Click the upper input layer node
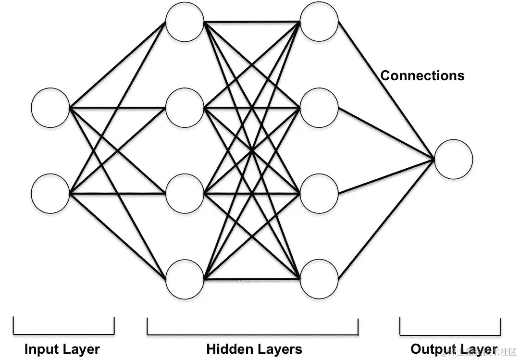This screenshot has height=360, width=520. [x=50, y=108]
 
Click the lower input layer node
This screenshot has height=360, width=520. [x=50, y=193]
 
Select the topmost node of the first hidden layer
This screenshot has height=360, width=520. [x=185, y=22]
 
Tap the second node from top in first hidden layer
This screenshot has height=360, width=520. [x=185, y=108]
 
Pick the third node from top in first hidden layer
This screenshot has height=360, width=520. [x=185, y=193]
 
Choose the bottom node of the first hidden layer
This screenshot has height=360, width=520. [x=185, y=279]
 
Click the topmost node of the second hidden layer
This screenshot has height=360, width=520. [x=319, y=22]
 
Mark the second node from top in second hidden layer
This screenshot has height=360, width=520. [x=319, y=108]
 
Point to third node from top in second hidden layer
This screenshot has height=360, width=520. [x=319, y=193]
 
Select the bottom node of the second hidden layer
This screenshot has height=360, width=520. [x=319, y=279]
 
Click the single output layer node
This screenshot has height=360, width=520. [x=453, y=159]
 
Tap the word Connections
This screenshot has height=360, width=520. [x=422, y=75]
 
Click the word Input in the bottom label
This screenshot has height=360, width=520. [x=41, y=349]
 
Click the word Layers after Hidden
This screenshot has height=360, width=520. [x=281, y=349]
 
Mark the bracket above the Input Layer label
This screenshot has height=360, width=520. [x=63, y=333]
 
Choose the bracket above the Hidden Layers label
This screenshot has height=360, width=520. [x=252, y=333]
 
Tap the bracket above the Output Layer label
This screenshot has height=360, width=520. [x=450, y=333]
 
